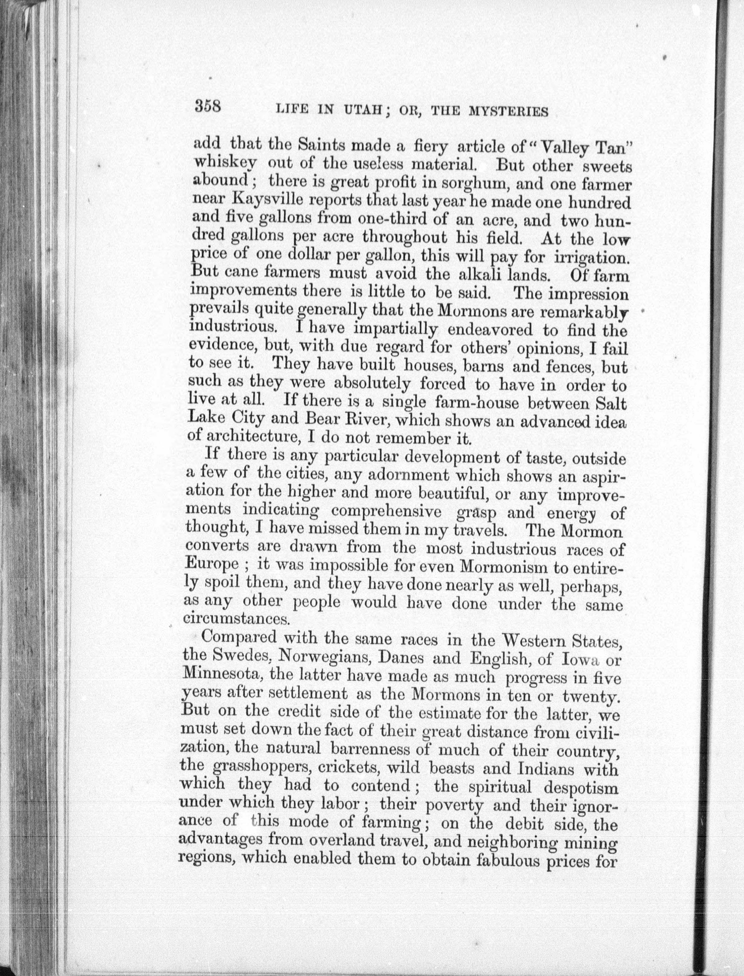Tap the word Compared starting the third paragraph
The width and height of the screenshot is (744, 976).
[239, 638]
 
